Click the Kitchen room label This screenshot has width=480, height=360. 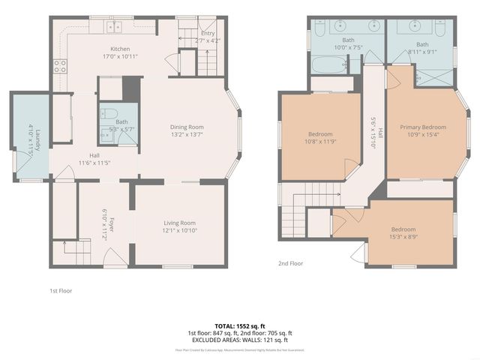tap(99, 49)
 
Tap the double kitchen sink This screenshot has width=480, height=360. tap(114, 27)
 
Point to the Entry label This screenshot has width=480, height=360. tap(208, 32)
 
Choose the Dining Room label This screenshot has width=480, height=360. tap(187, 127)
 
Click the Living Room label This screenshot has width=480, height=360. tap(180, 223)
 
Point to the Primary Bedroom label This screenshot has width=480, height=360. tap(422, 127)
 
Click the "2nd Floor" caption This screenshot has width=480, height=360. tap(291, 263)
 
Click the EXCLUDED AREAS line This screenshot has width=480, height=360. tap(240, 339)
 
